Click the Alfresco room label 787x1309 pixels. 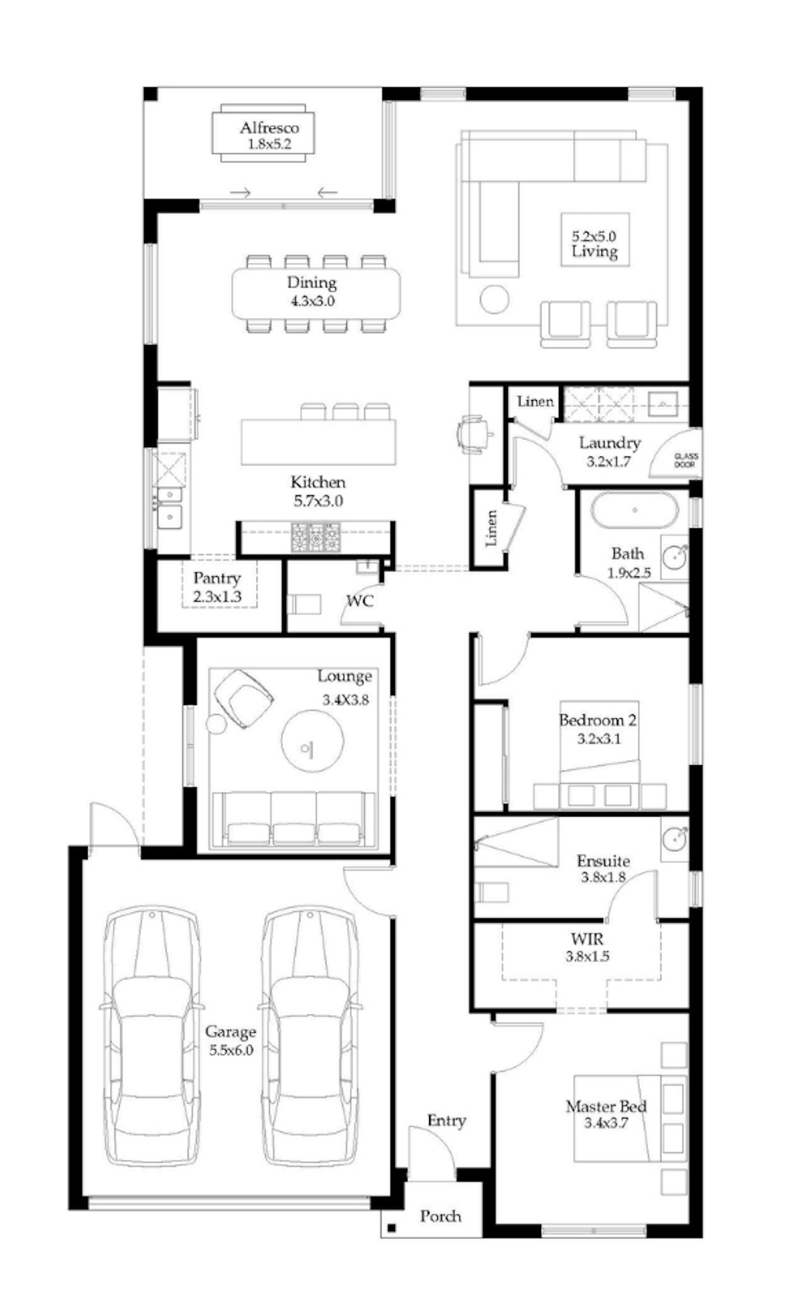tap(269, 128)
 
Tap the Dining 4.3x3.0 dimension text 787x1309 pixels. tap(313, 301)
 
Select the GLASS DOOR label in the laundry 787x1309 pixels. tap(686, 460)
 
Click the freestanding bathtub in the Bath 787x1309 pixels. tap(635, 510)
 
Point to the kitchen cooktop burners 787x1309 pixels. tap(316, 538)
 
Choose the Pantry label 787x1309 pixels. tap(217, 578)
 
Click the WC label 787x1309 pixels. tap(360, 601)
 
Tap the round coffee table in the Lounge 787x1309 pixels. tap(313, 740)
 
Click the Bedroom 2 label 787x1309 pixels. tap(598, 720)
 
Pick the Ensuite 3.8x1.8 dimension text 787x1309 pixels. tap(603, 877)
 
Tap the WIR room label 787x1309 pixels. tap(587, 939)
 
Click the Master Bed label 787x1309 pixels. tap(606, 1106)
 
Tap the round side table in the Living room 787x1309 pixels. tap(494, 300)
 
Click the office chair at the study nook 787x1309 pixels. tap(474, 434)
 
